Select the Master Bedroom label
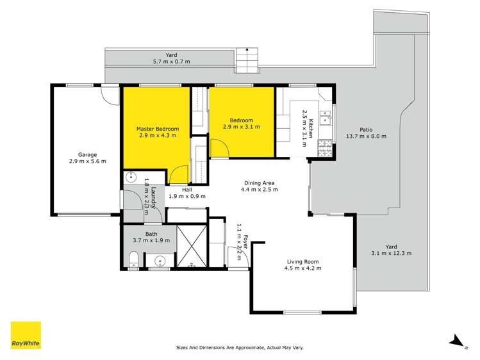coord(157,129)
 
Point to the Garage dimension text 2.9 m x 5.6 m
coord(88,161)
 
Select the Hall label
coord(186,190)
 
